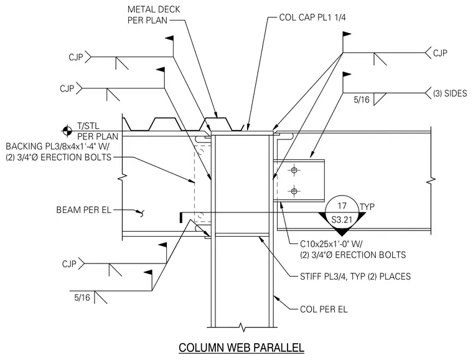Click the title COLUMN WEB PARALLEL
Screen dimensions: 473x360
click(241, 348)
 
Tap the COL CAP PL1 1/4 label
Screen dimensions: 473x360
click(312, 17)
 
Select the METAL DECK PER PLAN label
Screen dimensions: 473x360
click(154, 14)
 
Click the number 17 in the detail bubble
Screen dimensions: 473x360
click(342, 206)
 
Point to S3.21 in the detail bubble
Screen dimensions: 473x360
click(342, 219)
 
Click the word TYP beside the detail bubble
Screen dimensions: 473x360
click(367, 207)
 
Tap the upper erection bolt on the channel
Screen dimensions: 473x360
click(294, 170)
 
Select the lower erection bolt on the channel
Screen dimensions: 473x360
click(294, 191)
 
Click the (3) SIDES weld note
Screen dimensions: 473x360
click(450, 93)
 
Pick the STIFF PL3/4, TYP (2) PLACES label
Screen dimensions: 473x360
click(355, 277)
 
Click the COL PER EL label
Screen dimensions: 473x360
click(324, 310)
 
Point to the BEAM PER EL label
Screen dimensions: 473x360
click(84, 210)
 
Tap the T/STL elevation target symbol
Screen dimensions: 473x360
click(67, 131)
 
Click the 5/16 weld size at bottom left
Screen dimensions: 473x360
click(82, 298)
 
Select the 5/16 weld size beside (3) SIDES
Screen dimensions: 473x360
click(362, 100)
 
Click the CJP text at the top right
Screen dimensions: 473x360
click(440, 53)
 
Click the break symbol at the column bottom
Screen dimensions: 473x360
click(241, 327)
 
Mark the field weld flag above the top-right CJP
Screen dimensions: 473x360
click(347, 34)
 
